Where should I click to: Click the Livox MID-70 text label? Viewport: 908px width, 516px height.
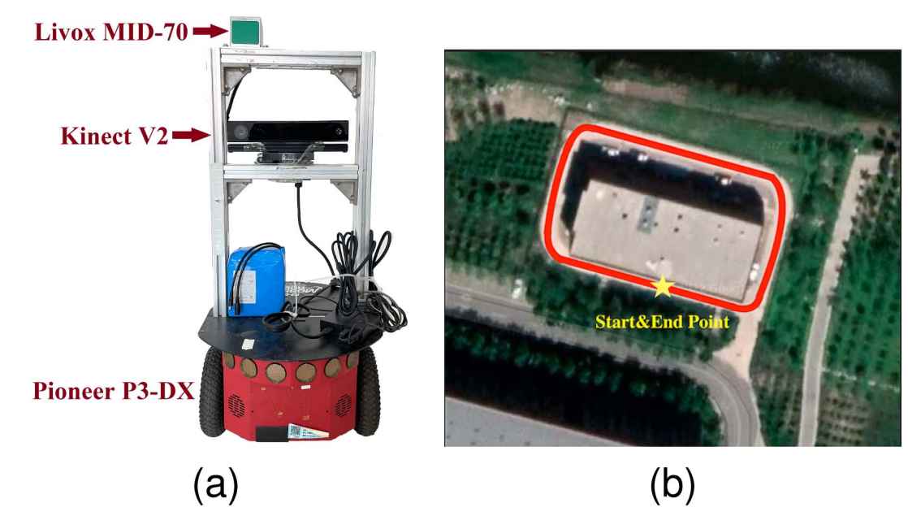[x=111, y=32]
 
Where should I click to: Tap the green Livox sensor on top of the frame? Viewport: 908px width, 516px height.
[x=245, y=31]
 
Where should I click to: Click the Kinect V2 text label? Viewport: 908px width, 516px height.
[x=114, y=136]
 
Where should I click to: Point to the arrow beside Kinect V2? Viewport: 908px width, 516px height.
[x=191, y=136]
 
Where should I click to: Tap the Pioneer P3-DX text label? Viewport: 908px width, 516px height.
[x=114, y=391]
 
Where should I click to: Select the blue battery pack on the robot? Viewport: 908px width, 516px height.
[x=256, y=281]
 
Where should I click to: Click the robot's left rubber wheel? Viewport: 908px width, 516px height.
[x=212, y=392]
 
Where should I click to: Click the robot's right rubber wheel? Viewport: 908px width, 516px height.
[x=367, y=392]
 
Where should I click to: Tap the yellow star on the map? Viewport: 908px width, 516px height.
[x=663, y=286]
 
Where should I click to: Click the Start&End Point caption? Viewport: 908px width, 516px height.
[x=663, y=322]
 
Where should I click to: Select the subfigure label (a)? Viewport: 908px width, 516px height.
[x=215, y=485]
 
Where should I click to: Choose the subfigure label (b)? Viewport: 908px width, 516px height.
[x=672, y=485]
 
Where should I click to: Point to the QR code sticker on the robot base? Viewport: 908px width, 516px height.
[x=296, y=431]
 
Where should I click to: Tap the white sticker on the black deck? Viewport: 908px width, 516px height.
[x=247, y=344]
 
